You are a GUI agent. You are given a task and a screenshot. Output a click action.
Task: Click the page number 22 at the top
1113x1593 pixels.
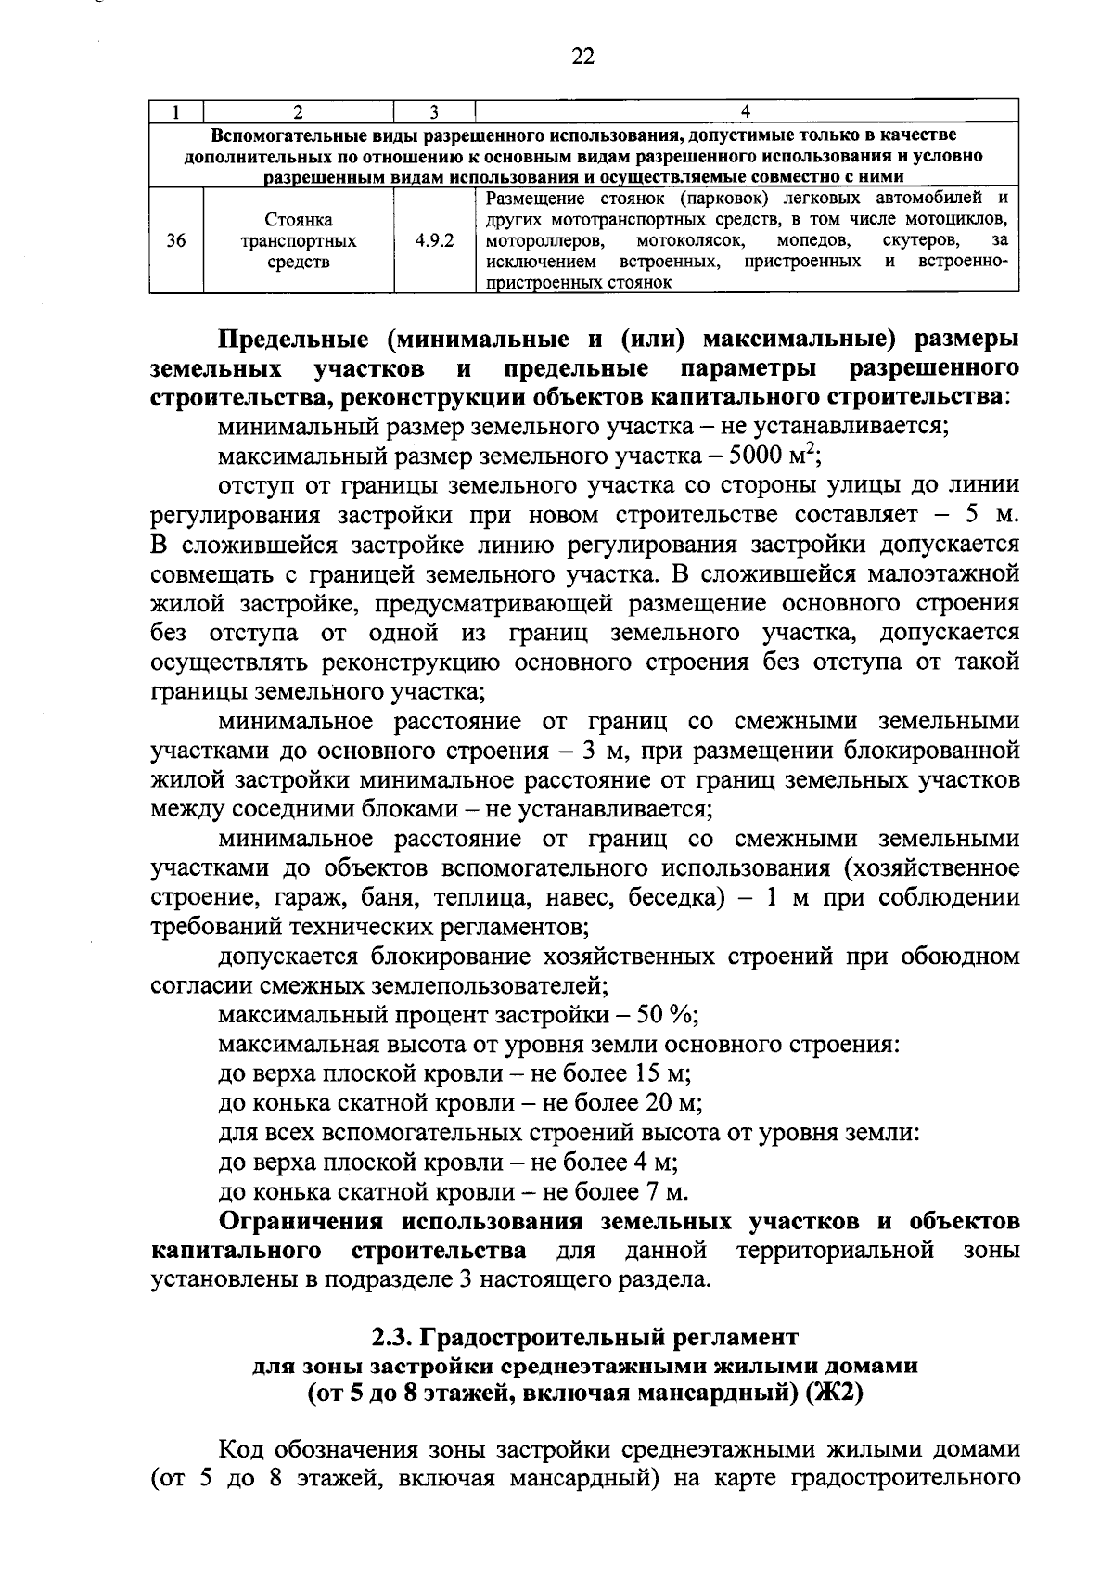(582, 57)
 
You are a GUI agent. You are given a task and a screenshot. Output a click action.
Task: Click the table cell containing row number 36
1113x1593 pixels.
(176, 241)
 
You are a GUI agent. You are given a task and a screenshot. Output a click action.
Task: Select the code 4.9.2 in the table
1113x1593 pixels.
(434, 241)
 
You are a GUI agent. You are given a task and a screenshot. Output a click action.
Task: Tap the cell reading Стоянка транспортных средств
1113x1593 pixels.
(299, 241)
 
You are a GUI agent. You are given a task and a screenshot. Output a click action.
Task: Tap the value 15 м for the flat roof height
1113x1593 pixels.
(661, 1074)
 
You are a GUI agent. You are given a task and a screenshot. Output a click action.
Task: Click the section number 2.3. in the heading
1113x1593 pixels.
(391, 1338)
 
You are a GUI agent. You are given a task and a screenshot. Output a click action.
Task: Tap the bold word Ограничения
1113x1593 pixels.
(306, 1221)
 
